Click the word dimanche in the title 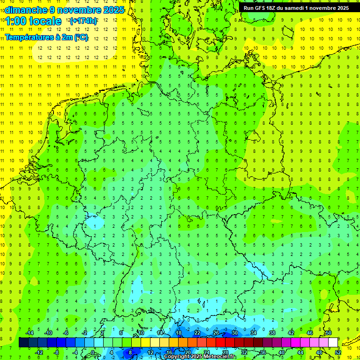(x=26, y=10)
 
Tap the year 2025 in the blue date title (x=112, y=10)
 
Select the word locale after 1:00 (x=45, y=21)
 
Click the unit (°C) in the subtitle (x=81, y=37)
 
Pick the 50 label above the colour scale (x=329, y=333)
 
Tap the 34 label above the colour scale (x=254, y=333)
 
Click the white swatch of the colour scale (x=333, y=342)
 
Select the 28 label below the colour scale (x=225, y=352)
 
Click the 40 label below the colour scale (x=282, y=352)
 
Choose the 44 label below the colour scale (x=300, y=352)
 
